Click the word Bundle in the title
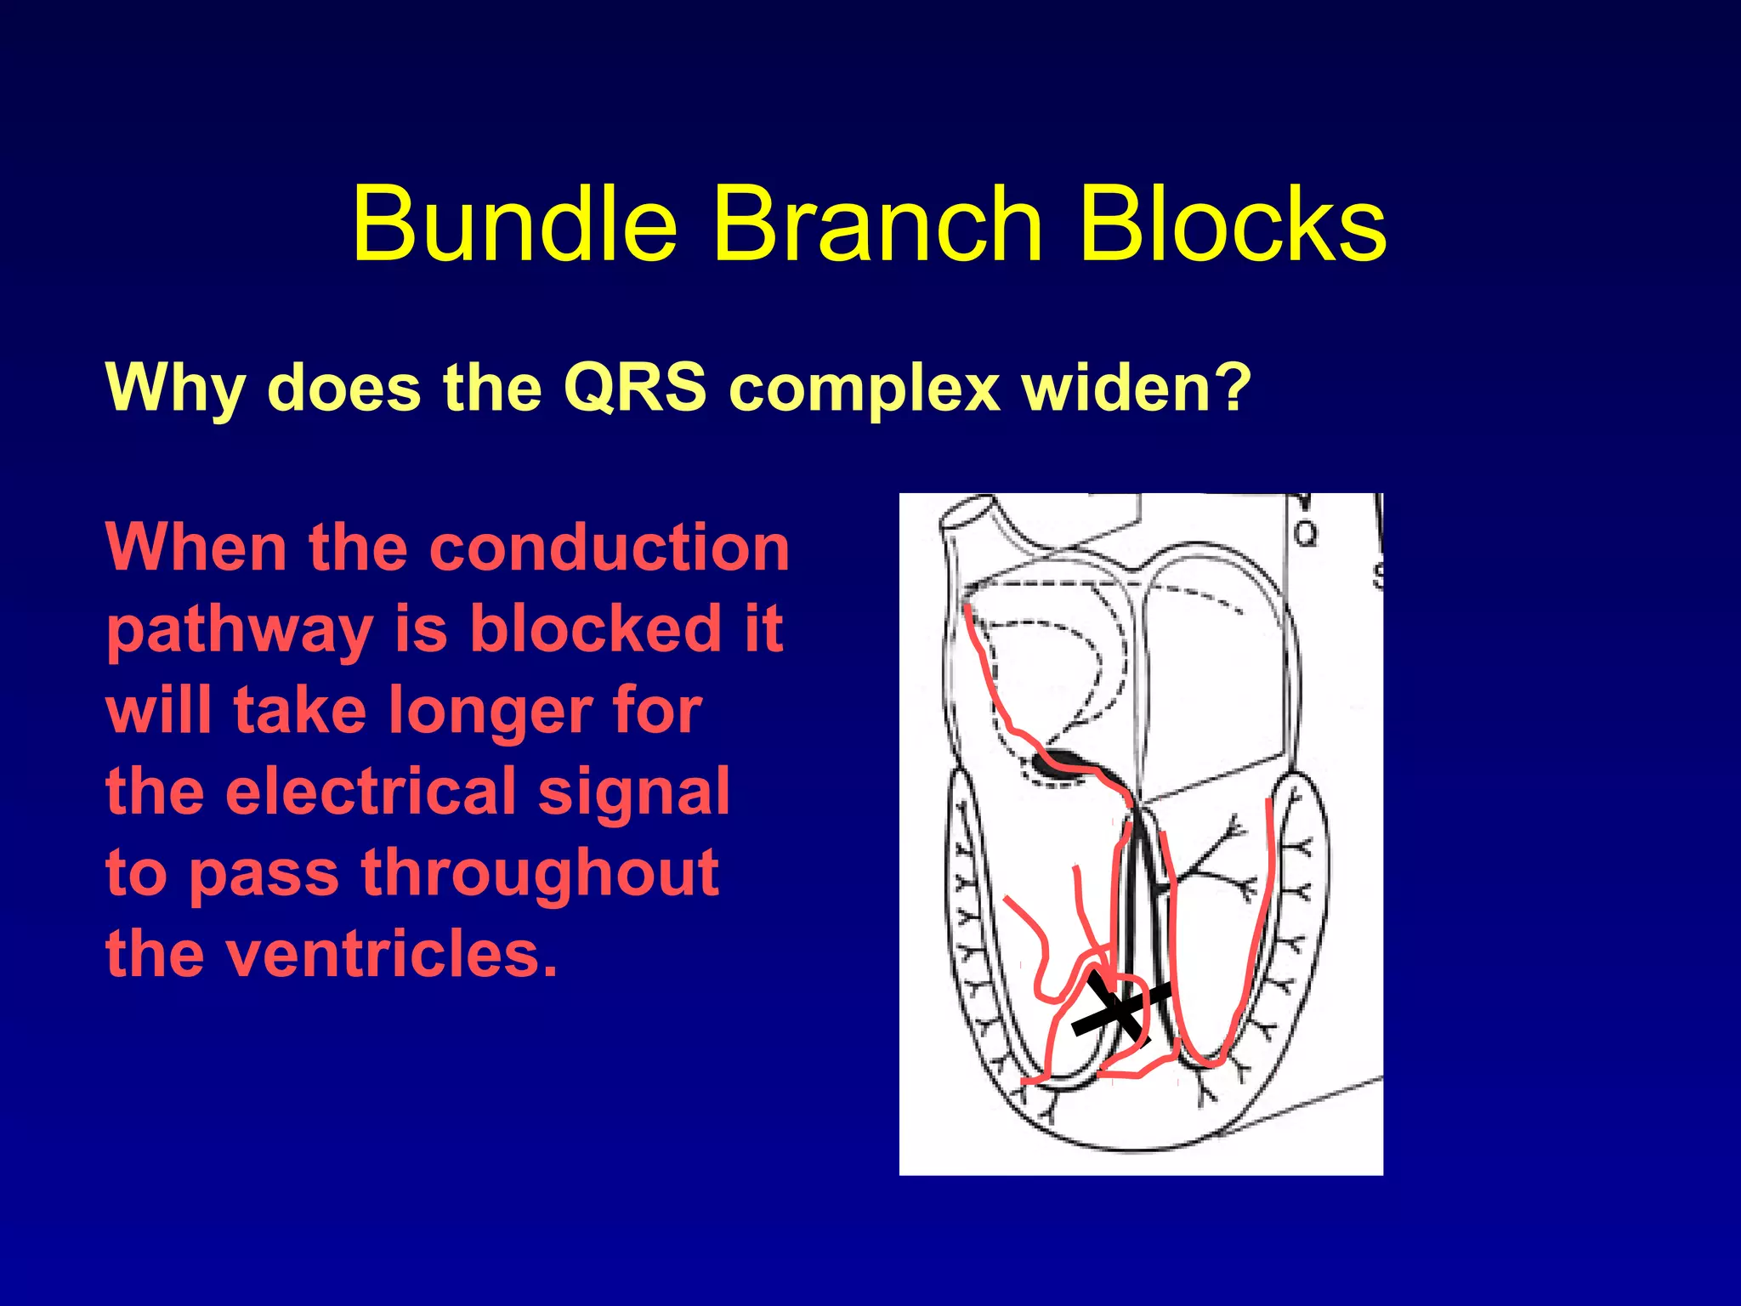515,225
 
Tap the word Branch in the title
876,225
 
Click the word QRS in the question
634,388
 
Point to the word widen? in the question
1136,388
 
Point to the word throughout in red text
540,873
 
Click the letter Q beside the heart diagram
1305,534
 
